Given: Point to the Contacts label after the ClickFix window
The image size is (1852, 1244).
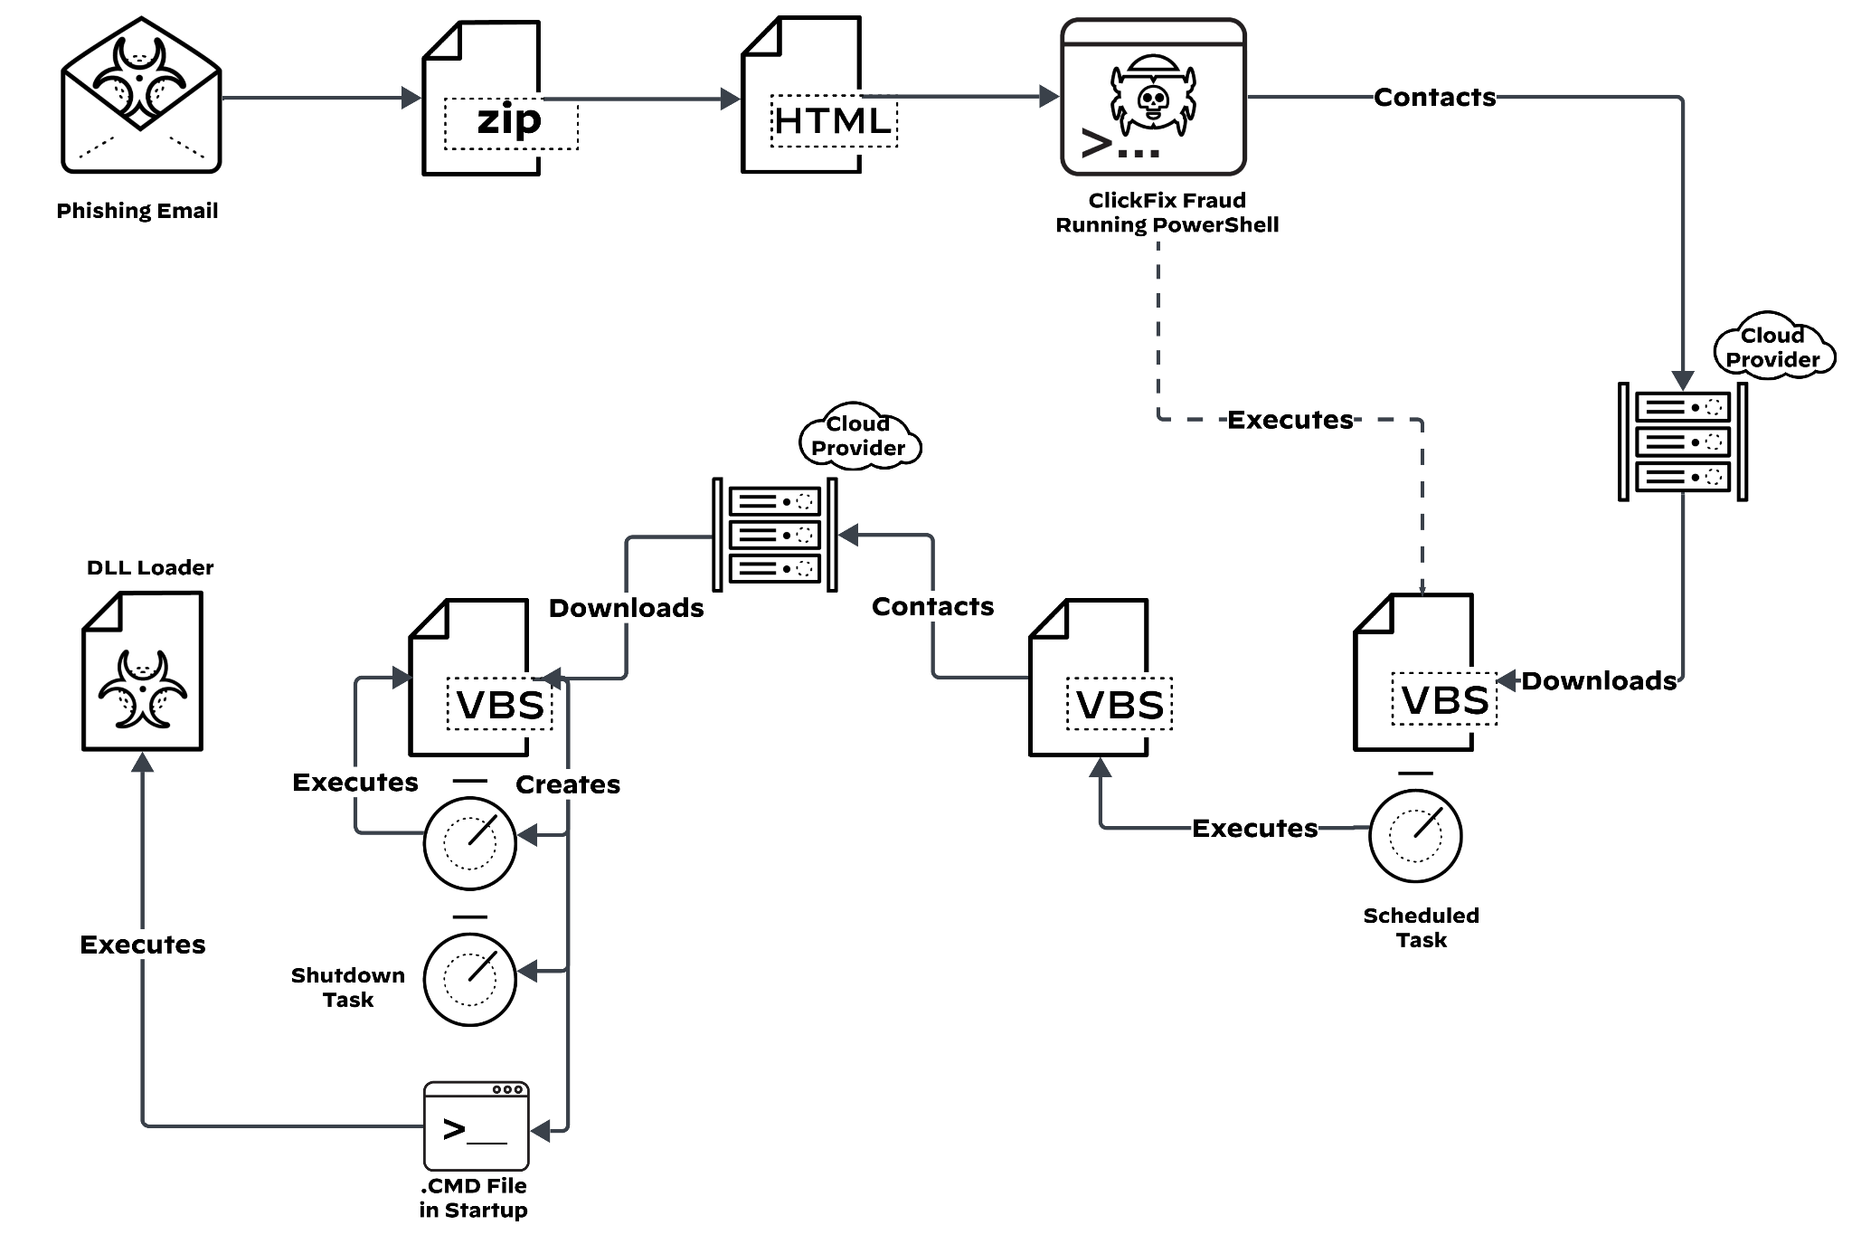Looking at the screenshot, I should coord(1434,97).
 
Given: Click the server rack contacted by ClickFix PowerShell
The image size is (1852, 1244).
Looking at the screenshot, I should coord(1682,442).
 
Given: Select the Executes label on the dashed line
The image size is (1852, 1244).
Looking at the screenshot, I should coord(1290,420).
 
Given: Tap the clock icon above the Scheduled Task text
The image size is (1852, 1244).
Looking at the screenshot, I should coord(1415,835).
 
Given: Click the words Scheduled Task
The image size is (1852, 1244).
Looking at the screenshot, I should coord(1421,927).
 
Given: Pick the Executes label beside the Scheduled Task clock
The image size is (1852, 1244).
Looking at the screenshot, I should coord(1254,828).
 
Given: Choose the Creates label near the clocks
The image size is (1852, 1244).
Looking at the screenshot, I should coord(568,784).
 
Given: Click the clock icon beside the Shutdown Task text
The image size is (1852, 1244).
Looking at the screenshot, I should coord(470,979).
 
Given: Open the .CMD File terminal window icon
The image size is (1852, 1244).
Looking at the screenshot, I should coord(476,1125).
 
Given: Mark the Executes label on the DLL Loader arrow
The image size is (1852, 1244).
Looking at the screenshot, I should coord(143,945).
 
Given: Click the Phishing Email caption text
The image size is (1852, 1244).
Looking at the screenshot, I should coord(137,211).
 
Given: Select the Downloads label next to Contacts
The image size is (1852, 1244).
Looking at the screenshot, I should coord(626,608).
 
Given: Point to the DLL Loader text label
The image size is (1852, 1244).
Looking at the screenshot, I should coord(150,567).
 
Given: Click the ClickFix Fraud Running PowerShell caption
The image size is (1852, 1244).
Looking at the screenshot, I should coord(1167,213).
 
